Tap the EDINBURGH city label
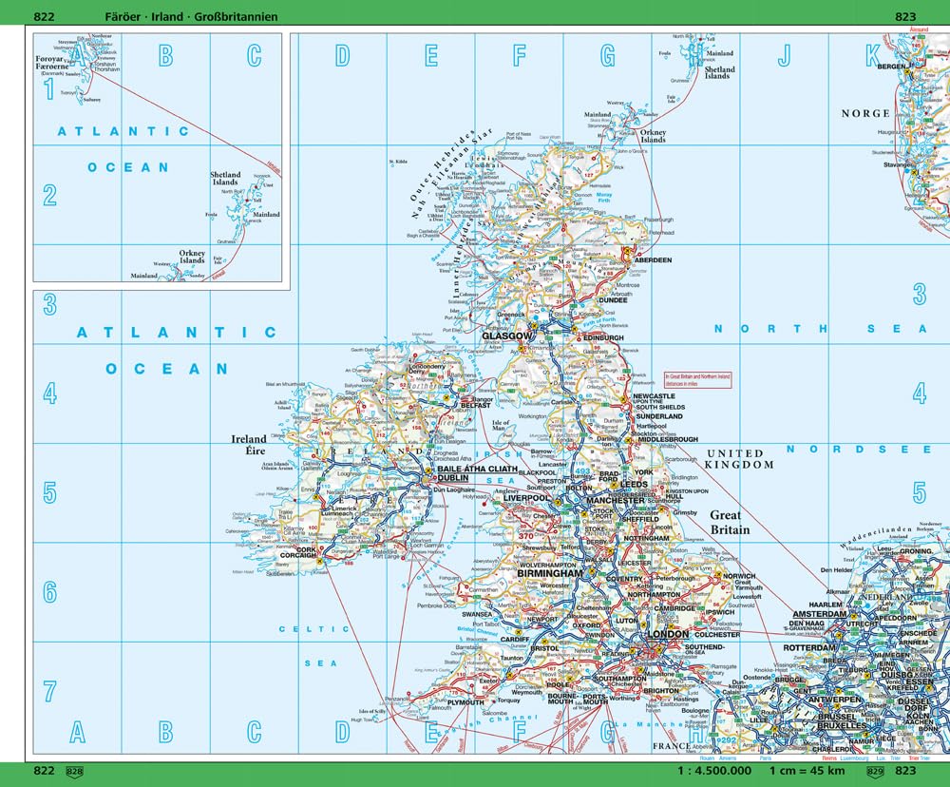[x=603, y=337]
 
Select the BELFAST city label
[x=475, y=405]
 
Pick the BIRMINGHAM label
[x=550, y=574]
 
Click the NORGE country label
[x=864, y=113]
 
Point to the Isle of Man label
[x=502, y=426]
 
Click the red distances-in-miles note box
[x=696, y=378]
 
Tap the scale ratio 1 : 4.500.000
[x=712, y=771]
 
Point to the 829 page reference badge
[x=875, y=771]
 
